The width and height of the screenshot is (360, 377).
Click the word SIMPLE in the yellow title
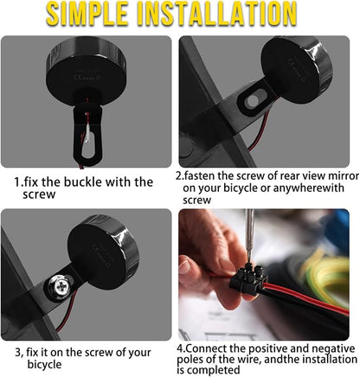87,14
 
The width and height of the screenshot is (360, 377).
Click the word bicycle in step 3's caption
44,364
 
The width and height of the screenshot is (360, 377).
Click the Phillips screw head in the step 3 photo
60,286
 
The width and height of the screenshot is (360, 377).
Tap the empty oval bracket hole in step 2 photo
252,100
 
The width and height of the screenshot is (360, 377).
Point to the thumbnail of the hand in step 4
184,267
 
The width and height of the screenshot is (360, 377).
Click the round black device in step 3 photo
103,252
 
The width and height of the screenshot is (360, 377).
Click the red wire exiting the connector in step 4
305,298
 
